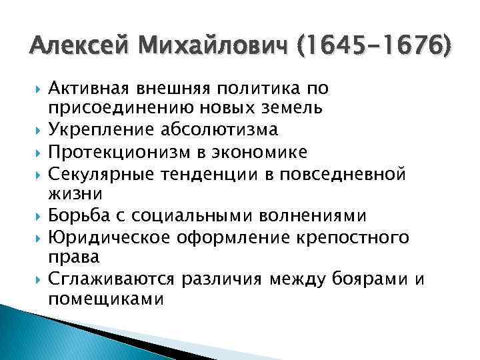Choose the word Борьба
pos(73,217)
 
